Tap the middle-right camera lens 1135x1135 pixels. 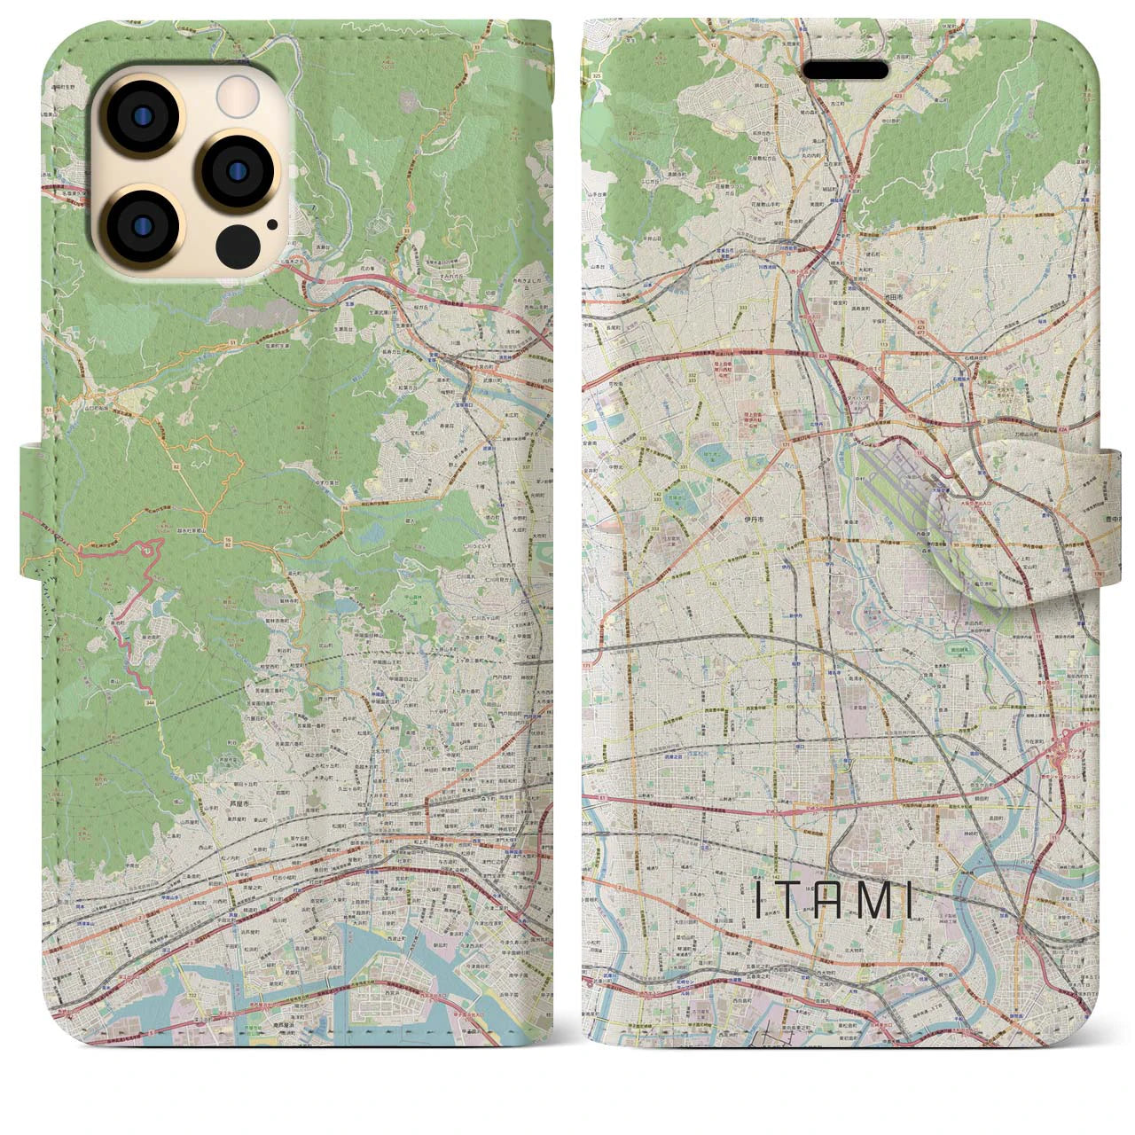point(230,171)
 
